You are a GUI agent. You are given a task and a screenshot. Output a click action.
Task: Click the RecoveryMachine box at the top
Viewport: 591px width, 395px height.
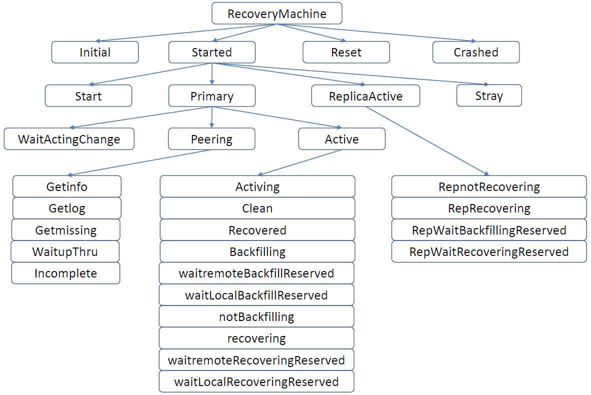click(x=277, y=13)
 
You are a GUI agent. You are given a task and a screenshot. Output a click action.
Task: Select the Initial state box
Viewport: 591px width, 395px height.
click(x=95, y=52)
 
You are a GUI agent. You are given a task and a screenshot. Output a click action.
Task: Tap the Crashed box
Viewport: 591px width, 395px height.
click(x=476, y=52)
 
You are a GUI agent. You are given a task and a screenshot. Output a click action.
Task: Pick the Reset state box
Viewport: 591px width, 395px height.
click(x=346, y=52)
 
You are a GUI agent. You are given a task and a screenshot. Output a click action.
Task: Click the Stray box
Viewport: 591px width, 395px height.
click(x=488, y=95)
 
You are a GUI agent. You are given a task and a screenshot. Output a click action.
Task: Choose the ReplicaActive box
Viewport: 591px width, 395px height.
click(x=365, y=96)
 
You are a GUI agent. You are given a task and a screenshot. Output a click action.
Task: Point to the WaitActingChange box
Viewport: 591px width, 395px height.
click(x=69, y=139)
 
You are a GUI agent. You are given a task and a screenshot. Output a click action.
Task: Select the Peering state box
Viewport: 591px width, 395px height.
click(x=211, y=139)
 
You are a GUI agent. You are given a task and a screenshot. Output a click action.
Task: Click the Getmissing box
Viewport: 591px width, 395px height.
click(x=66, y=230)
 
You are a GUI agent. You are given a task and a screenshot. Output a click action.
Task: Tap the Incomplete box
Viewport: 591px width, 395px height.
click(x=66, y=273)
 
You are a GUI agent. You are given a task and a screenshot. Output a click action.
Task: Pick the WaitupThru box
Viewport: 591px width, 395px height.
click(x=65, y=251)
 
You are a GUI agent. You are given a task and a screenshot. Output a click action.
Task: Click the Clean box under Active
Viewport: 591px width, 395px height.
click(x=257, y=208)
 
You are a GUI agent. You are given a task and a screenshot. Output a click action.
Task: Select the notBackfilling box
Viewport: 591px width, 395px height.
click(x=256, y=316)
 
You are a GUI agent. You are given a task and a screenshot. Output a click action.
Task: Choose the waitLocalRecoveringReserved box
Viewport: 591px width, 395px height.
click(x=256, y=381)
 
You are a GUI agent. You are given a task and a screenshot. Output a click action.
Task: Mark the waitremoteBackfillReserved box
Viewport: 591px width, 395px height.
click(x=256, y=273)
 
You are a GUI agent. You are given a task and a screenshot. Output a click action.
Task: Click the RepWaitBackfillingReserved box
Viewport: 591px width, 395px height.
click(x=489, y=230)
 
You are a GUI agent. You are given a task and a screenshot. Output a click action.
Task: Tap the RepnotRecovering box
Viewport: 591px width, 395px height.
click(x=489, y=187)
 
